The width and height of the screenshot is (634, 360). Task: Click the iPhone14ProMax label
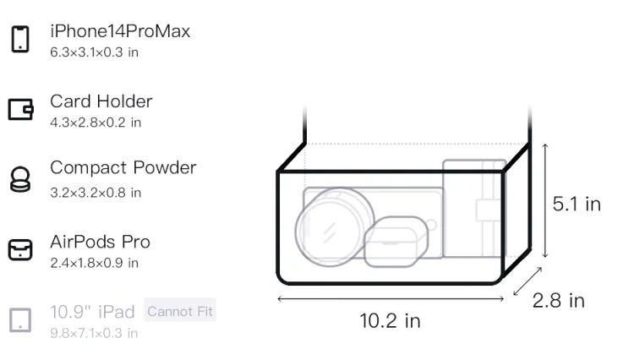point(120,31)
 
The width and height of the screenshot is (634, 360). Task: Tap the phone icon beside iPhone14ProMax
point(20,39)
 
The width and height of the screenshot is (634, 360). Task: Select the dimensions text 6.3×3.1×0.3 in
point(94,52)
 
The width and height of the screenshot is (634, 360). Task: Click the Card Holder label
point(101,101)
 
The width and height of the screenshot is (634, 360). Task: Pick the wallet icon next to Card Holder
point(20,109)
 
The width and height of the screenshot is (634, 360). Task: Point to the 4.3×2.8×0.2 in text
point(96,123)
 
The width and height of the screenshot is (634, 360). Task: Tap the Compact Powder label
point(123,167)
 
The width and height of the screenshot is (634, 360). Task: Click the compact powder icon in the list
point(20,179)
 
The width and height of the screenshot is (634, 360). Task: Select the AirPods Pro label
point(101,242)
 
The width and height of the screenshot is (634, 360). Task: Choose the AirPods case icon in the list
point(20,249)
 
